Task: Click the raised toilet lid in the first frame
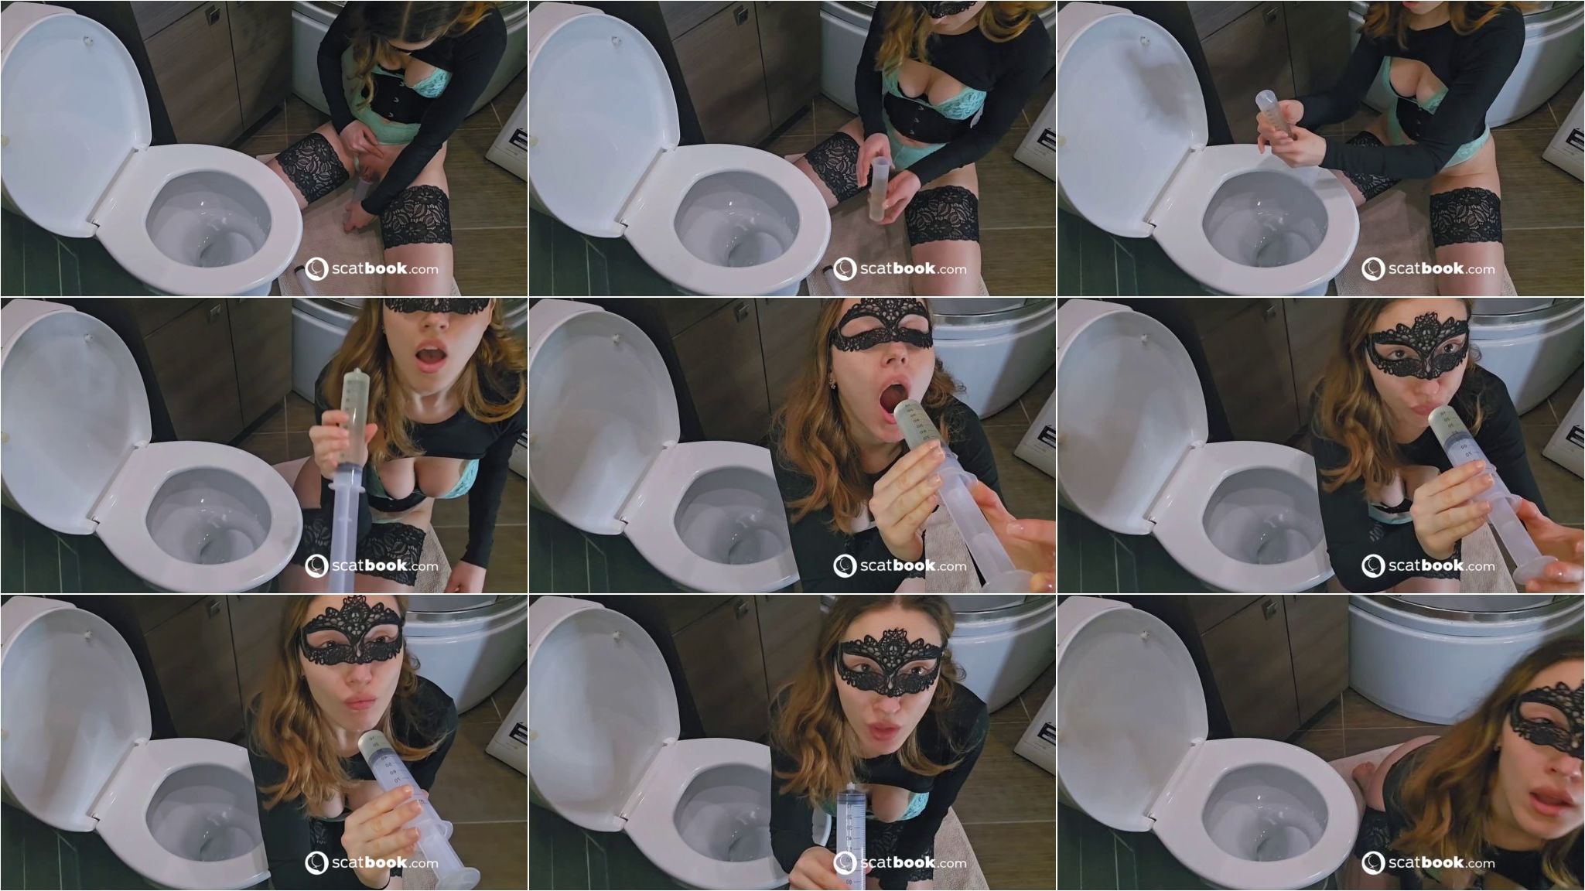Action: [70, 116]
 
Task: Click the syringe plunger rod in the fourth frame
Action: [345, 534]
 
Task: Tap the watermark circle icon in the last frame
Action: [1374, 862]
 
